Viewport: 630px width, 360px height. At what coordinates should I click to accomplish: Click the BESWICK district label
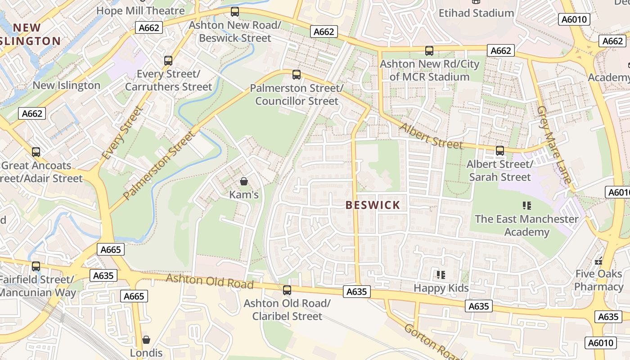tap(373, 205)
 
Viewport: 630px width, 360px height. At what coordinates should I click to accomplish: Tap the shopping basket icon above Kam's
tap(243, 181)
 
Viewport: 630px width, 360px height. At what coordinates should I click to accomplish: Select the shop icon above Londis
tap(146, 340)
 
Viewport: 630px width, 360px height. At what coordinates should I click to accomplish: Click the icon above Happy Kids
tap(441, 274)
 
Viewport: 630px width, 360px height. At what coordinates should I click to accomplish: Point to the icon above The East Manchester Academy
tap(527, 206)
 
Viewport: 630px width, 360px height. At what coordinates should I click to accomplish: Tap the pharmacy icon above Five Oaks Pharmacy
tap(598, 261)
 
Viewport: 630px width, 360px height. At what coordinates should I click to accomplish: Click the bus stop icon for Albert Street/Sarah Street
tap(499, 151)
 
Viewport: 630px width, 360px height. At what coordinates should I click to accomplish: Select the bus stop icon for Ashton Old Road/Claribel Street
tap(287, 290)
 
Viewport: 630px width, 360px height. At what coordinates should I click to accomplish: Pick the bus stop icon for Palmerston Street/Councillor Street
tap(296, 75)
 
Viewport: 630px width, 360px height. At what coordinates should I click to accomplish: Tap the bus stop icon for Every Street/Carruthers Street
tap(168, 60)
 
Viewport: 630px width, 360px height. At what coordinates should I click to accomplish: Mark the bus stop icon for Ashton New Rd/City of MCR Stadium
tap(429, 51)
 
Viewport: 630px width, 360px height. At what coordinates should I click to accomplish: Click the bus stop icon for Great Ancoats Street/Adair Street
tap(36, 152)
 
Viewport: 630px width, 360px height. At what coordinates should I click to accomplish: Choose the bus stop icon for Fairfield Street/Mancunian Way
tap(36, 266)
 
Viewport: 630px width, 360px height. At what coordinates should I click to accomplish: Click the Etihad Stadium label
tap(476, 13)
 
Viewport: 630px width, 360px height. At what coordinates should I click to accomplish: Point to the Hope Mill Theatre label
tap(140, 10)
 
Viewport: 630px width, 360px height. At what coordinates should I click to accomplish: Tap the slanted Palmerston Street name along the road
tap(160, 165)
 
